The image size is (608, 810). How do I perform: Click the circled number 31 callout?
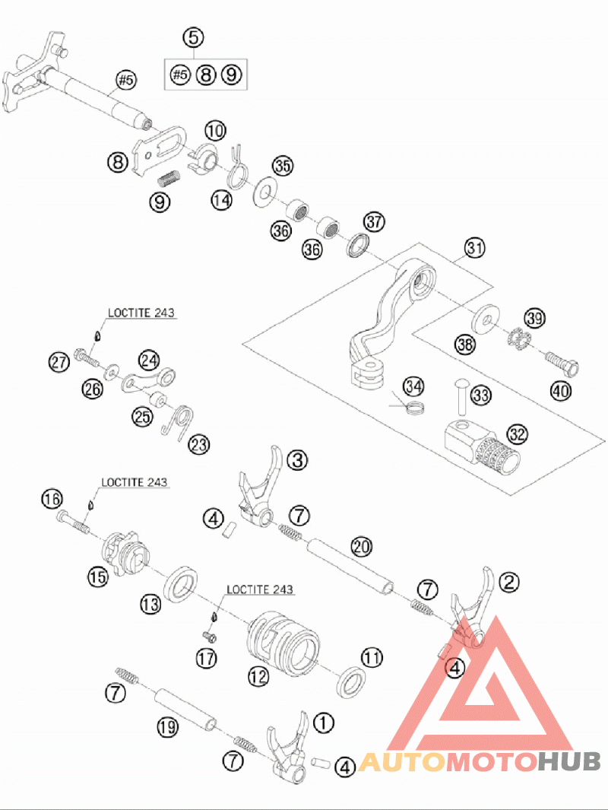pyautogui.click(x=474, y=248)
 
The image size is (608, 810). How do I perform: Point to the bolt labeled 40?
pyautogui.click(x=562, y=363)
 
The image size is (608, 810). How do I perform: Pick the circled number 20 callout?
pyautogui.click(x=361, y=546)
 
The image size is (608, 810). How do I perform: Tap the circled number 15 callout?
pyautogui.click(x=98, y=577)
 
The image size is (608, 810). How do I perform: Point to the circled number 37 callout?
pyautogui.click(x=374, y=221)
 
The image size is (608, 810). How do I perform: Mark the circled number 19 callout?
pyautogui.click(x=168, y=728)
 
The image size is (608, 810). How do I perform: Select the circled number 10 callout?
pyautogui.click(x=215, y=131)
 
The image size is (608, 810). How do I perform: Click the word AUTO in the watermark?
pyautogui.click(x=401, y=762)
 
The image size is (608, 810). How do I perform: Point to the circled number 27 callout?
pyautogui.click(x=59, y=362)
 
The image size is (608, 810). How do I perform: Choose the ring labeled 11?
pyautogui.click(x=353, y=681)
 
